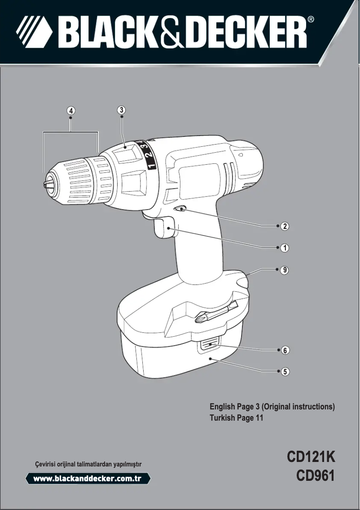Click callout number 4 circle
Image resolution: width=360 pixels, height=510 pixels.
click(71, 110)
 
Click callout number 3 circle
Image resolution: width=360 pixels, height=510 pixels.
click(121, 110)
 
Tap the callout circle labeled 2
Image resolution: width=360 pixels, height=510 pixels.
click(284, 226)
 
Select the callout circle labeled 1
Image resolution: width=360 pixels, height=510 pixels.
click(284, 247)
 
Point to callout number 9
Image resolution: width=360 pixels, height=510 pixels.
click(284, 270)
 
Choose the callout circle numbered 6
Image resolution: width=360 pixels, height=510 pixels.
click(284, 350)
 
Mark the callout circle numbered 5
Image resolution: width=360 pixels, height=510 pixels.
click(284, 371)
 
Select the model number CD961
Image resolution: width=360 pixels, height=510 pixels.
click(316, 475)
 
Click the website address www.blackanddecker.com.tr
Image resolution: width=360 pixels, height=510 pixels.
click(88, 479)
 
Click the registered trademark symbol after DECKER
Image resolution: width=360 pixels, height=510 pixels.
click(311, 20)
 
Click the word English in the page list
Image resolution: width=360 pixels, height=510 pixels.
click(222, 407)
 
